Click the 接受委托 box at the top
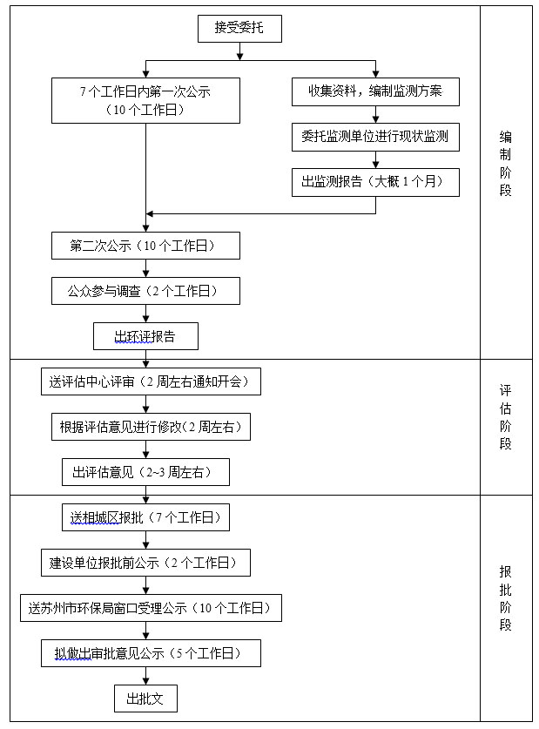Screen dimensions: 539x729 239,29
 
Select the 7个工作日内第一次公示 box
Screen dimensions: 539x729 146,100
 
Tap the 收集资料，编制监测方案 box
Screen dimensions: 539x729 375,92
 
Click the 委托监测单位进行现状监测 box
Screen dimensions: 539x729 375,137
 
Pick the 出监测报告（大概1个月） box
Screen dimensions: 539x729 375,182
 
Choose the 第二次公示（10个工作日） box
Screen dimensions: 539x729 146,246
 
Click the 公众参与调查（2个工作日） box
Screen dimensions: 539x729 146,291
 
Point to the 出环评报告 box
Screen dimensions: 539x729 146,336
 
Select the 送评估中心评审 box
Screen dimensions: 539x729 151,381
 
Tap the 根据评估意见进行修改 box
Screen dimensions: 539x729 151,427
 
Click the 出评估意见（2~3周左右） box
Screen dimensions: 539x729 146,472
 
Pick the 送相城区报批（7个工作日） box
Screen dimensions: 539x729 146,517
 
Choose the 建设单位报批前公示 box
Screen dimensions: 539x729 146,563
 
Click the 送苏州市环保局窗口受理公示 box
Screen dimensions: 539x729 151,608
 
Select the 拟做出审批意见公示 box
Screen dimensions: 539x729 151,654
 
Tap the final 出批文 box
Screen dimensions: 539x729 146,699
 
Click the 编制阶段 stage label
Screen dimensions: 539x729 506,164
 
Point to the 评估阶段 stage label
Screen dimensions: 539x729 506,417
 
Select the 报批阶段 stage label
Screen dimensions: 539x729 506,598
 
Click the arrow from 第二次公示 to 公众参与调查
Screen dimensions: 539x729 146,268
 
